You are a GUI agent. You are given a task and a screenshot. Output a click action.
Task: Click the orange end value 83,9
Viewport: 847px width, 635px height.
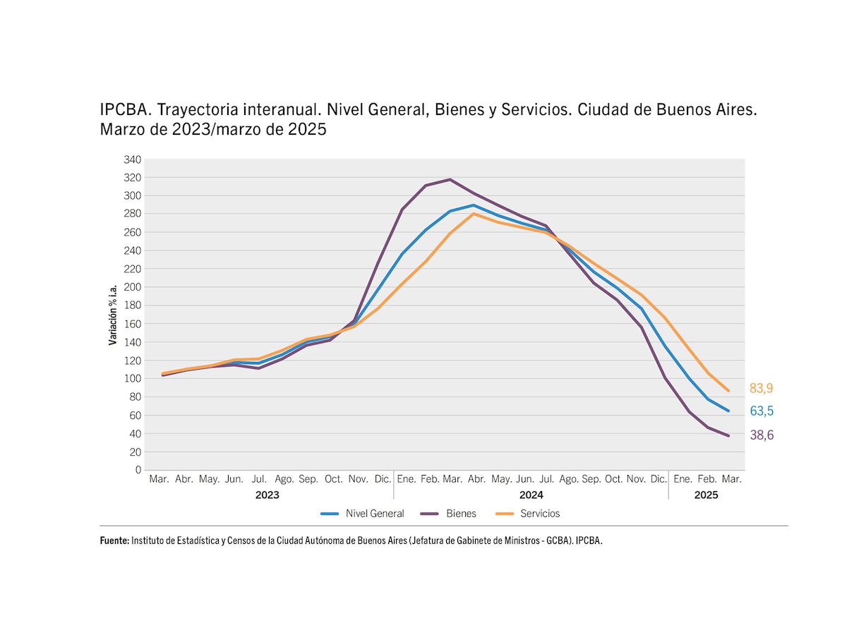[762, 388]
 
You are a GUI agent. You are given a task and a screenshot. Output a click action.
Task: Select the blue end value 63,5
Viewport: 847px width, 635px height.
[762, 411]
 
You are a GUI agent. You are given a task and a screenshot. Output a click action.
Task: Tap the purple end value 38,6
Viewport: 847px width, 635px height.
[762, 435]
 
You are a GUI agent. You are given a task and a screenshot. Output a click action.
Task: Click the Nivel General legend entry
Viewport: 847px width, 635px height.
[375, 514]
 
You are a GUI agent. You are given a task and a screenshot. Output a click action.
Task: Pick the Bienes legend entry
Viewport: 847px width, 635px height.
[461, 514]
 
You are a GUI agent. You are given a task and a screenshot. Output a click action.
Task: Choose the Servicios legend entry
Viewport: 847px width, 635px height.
[540, 514]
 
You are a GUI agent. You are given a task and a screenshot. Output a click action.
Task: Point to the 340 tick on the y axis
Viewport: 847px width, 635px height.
[133, 159]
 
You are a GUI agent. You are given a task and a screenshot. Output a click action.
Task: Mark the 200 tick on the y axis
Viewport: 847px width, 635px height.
[133, 287]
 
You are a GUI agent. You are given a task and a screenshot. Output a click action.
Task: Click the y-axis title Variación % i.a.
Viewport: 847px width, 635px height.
[113, 315]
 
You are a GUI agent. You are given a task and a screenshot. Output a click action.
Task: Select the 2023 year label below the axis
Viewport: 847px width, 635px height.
[267, 495]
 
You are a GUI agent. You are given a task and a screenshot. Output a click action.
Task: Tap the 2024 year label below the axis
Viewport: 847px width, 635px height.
[531, 495]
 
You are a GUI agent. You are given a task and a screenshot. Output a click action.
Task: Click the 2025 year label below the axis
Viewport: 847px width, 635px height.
[706, 495]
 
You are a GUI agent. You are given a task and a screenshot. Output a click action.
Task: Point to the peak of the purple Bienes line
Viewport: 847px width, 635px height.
[450, 179]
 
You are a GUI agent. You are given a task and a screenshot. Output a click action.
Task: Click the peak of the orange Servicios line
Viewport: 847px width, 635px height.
[474, 213]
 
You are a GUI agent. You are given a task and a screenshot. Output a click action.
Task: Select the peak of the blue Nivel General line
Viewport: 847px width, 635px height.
[474, 205]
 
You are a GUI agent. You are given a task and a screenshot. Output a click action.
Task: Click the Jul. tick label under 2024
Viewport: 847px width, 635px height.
[546, 479]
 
